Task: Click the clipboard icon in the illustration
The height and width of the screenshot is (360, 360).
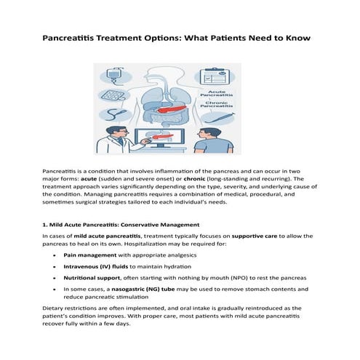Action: coord(212,76)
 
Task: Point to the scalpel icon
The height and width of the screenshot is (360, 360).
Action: coord(218,116)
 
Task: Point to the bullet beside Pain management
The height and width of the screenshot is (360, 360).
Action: coord(55,256)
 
